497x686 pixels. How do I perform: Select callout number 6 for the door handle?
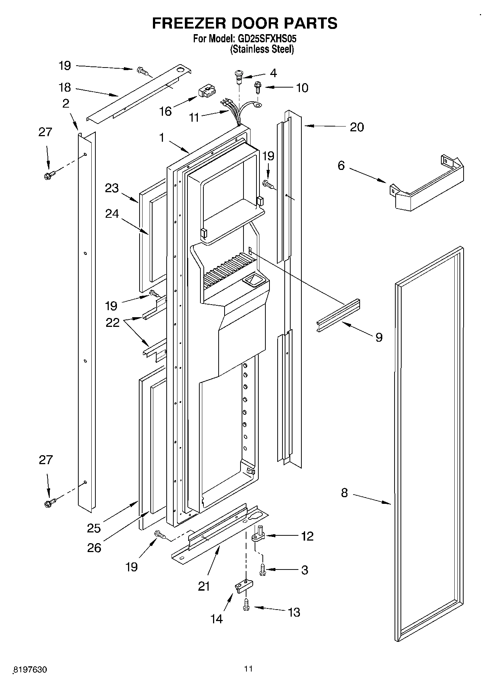pyautogui.click(x=341, y=165)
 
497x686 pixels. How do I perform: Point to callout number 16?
pyautogui.click(x=165, y=111)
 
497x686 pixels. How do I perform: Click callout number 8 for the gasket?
pyautogui.click(x=344, y=493)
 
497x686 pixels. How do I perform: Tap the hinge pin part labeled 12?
pyautogui.click(x=258, y=535)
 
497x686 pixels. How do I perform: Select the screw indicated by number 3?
pyautogui.click(x=263, y=569)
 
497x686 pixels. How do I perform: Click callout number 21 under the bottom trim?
pyautogui.click(x=204, y=587)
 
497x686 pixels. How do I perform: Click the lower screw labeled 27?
pyautogui.click(x=49, y=503)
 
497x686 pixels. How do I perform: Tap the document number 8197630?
pyautogui.click(x=30, y=670)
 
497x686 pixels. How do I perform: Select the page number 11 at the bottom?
pyautogui.click(x=248, y=669)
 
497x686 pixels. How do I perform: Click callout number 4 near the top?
pyautogui.click(x=273, y=73)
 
